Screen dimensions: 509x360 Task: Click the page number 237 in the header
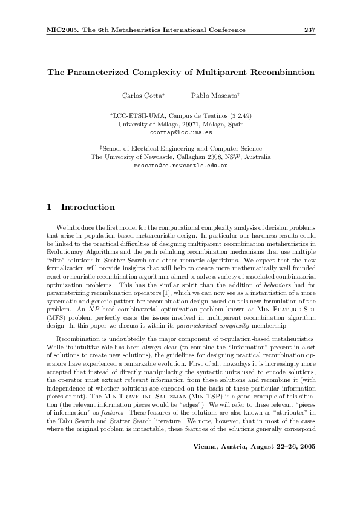point(309,30)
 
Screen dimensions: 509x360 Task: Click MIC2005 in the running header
point(62,30)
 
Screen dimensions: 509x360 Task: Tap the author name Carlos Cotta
point(139,96)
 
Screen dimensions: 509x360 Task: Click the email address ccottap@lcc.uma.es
point(181,131)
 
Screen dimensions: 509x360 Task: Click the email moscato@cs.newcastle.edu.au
point(180,164)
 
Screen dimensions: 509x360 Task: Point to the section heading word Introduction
point(88,207)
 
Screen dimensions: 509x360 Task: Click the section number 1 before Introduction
point(49,207)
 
